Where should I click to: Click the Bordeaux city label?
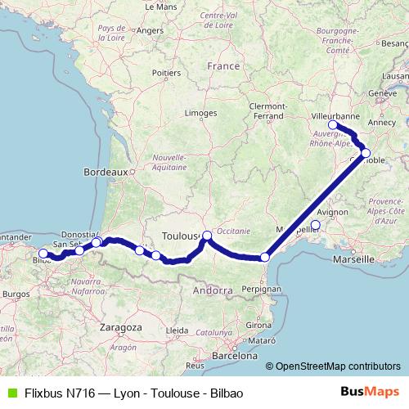[106, 173]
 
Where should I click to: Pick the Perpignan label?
[262, 289]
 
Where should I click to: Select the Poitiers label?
[166, 73]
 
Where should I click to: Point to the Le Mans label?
[160, 6]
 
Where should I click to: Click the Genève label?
[382, 93]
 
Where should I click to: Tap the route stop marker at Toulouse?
[207, 236]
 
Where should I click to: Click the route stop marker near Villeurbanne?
[334, 125]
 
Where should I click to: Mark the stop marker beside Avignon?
[315, 224]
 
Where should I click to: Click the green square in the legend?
[10, 393]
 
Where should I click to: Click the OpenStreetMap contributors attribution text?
[337, 366]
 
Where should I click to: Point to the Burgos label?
[16, 292]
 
